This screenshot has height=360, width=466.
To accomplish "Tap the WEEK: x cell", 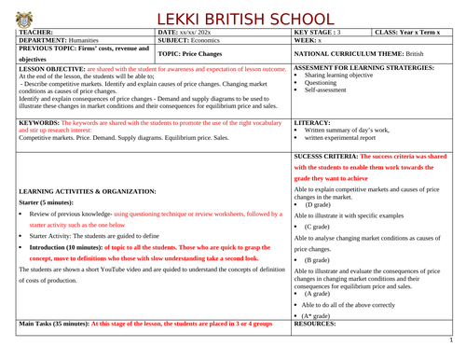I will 309,41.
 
